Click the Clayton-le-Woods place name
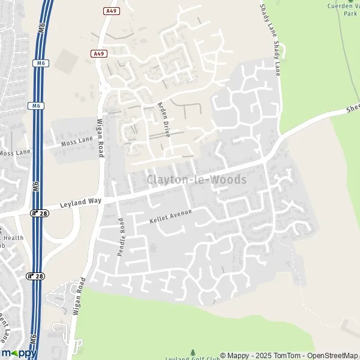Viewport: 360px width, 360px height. [196, 179]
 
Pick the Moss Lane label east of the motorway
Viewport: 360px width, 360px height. [77, 142]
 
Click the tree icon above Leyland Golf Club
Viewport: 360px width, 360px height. [193, 352]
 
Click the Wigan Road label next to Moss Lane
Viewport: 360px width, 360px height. [100, 137]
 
